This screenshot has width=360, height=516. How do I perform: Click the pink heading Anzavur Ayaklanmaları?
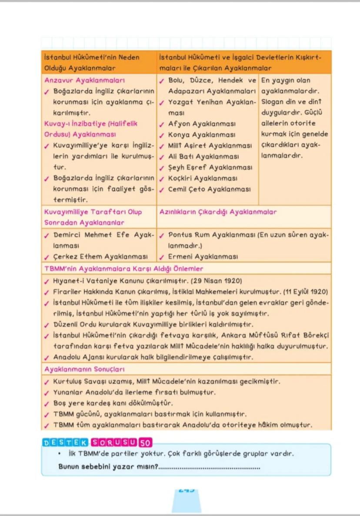coord(84,80)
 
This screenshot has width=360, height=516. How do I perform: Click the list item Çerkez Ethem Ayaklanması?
coord(100,256)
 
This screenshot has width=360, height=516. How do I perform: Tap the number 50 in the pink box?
coord(145,443)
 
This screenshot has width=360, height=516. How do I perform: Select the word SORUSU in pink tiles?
coord(115,443)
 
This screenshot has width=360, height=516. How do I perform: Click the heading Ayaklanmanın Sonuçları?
coord(84,370)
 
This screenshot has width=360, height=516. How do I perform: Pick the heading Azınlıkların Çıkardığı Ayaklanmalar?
coord(218,212)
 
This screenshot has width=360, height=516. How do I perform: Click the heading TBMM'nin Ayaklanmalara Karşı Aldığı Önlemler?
coord(123,269)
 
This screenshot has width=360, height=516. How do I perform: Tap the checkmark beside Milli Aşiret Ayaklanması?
coord(162,146)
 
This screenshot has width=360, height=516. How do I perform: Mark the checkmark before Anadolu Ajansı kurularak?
coord(47,358)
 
